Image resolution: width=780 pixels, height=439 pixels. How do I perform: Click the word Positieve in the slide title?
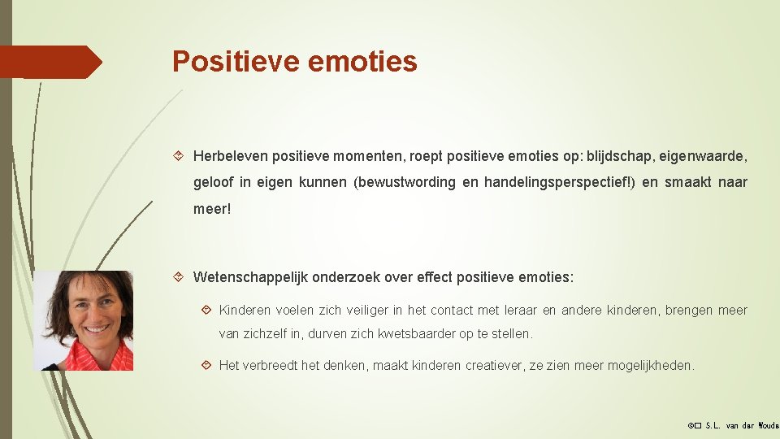236,62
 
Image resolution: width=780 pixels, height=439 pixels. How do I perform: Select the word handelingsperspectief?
559,182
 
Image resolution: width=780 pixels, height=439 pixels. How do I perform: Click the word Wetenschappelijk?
247,277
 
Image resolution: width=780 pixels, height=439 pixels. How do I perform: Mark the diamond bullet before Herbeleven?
181,155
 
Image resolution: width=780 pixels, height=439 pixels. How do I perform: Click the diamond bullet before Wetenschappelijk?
181,277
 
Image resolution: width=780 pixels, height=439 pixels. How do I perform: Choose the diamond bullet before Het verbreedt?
207,366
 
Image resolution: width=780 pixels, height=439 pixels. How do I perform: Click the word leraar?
519,311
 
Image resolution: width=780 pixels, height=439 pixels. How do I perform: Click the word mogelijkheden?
651,366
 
